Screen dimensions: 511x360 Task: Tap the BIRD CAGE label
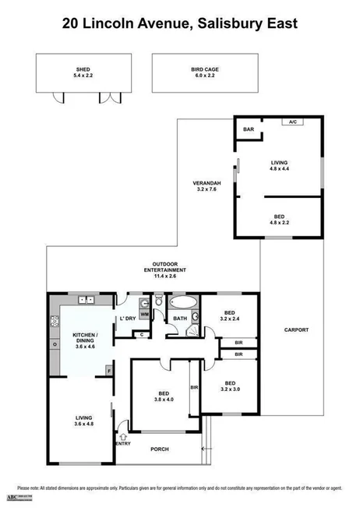[x=205, y=69]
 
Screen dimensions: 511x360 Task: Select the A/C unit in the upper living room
[x=293, y=122]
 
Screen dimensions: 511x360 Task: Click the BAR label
[x=249, y=129]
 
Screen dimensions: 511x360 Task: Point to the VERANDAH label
[x=206, y=184]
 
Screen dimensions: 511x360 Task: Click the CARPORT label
[x=297, y=330]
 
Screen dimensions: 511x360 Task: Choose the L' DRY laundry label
[x=126, y=319]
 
